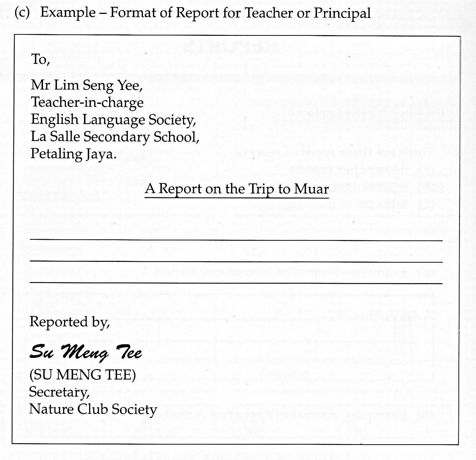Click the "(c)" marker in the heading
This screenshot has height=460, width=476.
[x=22, y=13]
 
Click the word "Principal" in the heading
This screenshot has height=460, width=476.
[x=342, y=13]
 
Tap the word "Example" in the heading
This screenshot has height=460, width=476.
[x=68, y=13]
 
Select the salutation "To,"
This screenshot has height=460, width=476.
[x=40, y=59]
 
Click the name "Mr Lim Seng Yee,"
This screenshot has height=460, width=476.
[x=87, y=85]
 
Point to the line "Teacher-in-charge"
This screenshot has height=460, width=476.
[x=87, y=102]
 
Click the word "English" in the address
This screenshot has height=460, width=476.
[x=54, y=120]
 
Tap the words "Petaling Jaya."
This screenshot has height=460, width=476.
[x=73, y=154]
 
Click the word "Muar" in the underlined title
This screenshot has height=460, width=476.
[x=311, y=189]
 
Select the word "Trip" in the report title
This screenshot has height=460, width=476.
[x=262, y=189]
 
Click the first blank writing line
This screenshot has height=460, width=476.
[x=236, y=240]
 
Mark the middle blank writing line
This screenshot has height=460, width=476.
[x=236, y=262]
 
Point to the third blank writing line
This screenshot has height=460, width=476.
[x=236, y=283]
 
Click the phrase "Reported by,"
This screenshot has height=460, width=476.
[x=69, y=322]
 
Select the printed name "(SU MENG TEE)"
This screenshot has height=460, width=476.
[x=82, y=375]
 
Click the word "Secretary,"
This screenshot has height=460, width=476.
[x=59, y=392]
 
